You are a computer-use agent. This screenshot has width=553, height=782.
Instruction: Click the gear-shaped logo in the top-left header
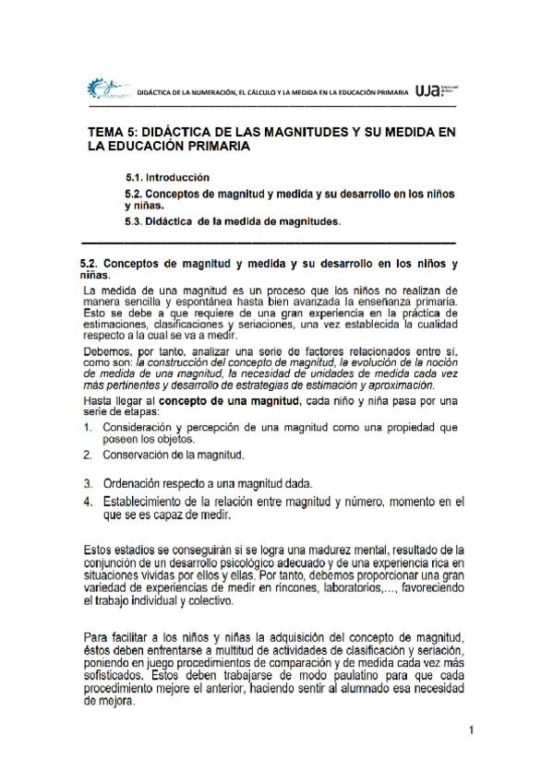[x=101, y=89]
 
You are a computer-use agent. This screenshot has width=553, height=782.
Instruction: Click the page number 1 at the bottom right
[x=470, y=731]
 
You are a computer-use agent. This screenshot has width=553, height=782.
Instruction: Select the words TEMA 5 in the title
[x=113, y=133]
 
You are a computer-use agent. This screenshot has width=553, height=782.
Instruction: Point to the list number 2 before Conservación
[x=87, y=455]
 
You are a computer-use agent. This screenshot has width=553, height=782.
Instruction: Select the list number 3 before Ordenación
[x=87, y=483]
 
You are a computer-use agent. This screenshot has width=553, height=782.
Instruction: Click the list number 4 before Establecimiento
[x=87, y=501]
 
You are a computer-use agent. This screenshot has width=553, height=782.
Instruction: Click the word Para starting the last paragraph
[x=95, y=636]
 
